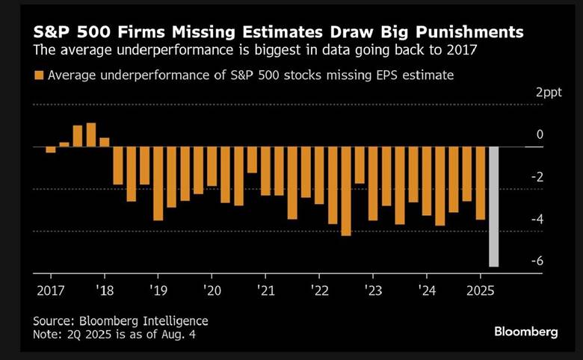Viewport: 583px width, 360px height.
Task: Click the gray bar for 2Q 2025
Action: click(x=493, y=206)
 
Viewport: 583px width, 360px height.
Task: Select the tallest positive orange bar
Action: click(x=91, y=135)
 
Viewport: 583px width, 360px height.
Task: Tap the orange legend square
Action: click(x=37, y=75)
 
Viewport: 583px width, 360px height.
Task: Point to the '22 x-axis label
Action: click(x=319, y=289)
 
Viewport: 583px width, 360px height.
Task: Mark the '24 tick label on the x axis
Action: click(x=427, y=289)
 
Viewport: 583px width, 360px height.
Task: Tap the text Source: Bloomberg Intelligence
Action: click(x=120, y=320)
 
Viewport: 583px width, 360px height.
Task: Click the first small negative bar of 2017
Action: click(x=51, y=149)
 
